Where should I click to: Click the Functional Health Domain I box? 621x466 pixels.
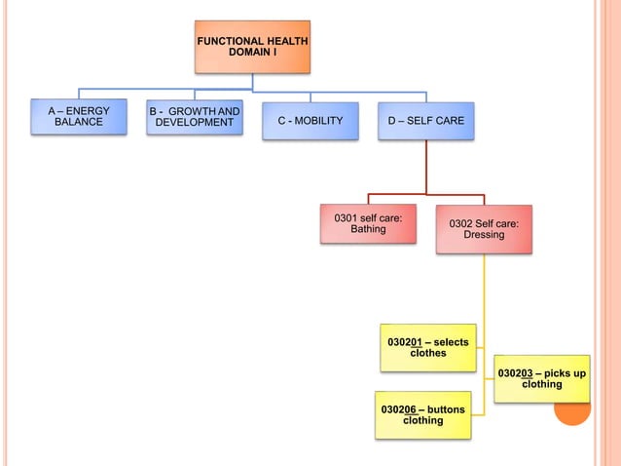tap(252, 47)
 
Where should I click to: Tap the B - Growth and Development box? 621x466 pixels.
tap(195, 118)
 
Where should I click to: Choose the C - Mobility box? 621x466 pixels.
tap(310, 120)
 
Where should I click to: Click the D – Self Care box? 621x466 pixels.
tap(426, 120)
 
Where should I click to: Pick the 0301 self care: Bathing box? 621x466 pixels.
tap(368, 223)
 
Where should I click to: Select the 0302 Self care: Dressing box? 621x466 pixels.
tap(484, 229)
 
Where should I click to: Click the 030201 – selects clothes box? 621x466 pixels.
tap(428, 347)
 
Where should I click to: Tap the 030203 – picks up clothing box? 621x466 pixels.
tap(542, 378)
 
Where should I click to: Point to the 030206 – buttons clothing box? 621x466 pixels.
tap(423, 414)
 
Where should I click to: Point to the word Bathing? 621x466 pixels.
tap(368, 230)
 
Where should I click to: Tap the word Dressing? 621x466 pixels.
tap(484, 236)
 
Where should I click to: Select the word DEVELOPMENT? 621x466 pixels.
tap(195, 124)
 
